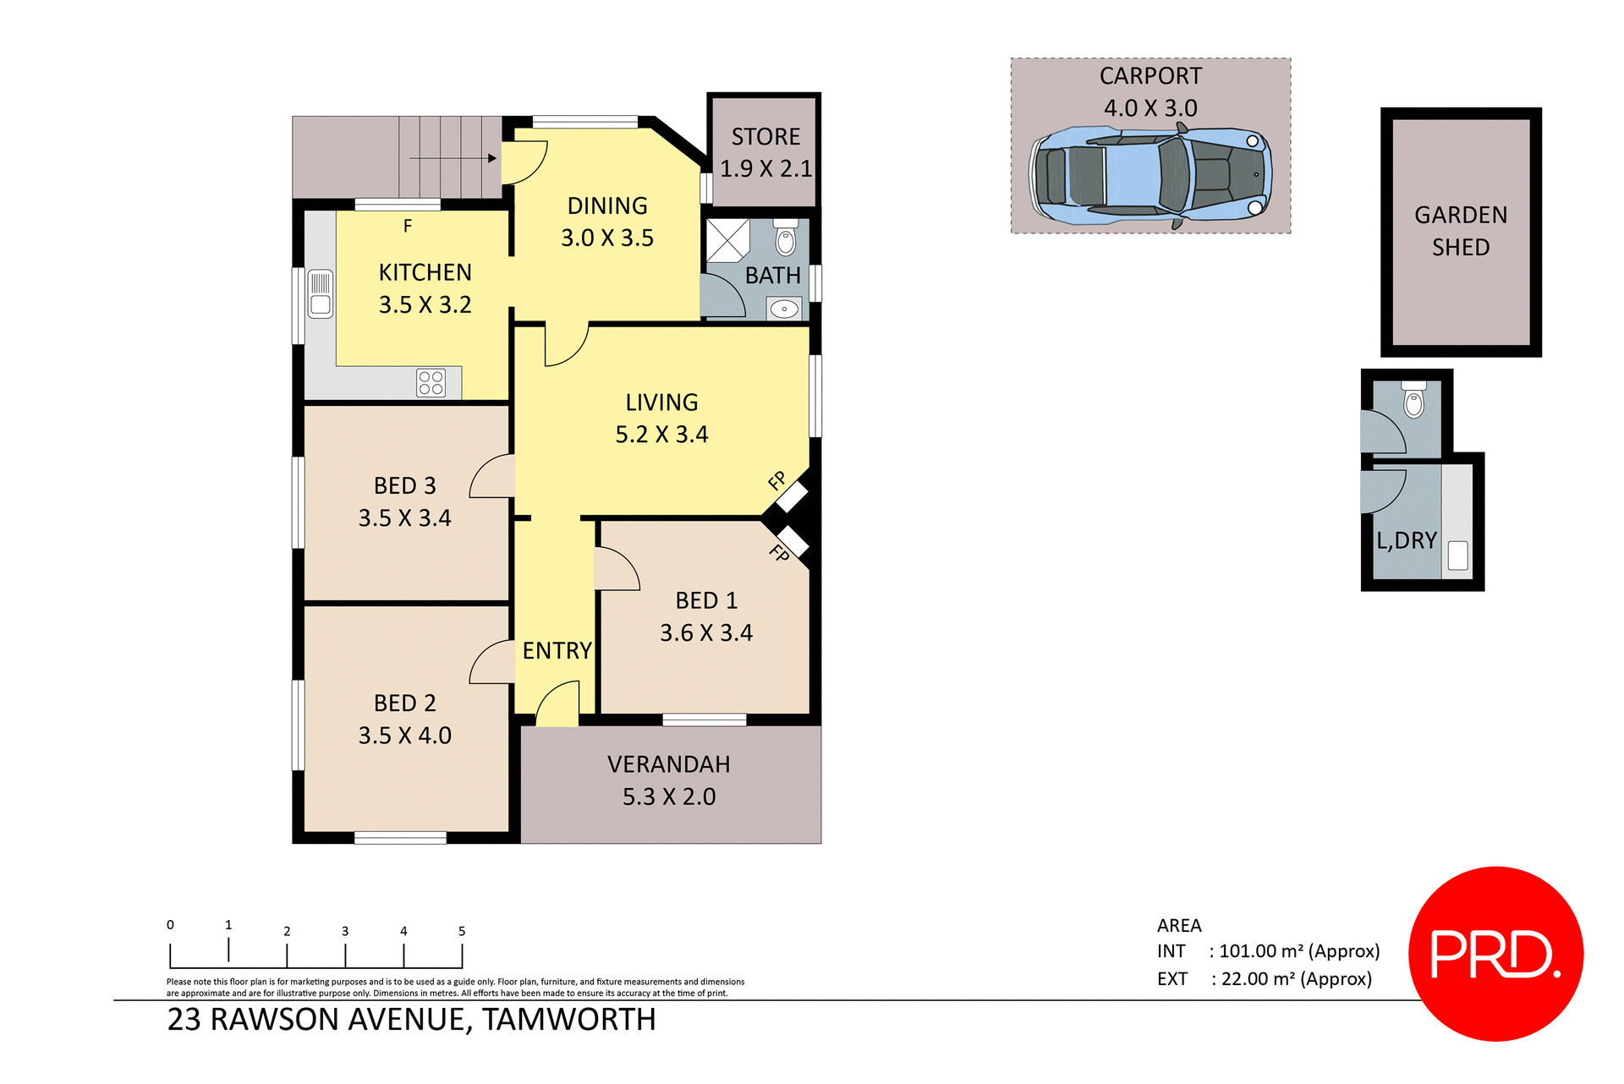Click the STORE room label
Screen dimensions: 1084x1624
pos(765,137)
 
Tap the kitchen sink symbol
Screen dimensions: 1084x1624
pos(321,293)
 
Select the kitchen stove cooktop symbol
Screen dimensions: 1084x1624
pos(431,383)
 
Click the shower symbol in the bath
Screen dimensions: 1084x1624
pos(728,241)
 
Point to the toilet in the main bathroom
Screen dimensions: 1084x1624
pos(786,239)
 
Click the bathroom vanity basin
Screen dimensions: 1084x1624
pos(784,309)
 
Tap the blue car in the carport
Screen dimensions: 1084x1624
pos(1150,177)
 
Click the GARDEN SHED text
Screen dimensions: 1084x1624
pos(1461,231)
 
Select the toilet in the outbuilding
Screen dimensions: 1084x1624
pos(1414,401)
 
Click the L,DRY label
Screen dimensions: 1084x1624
pos(1406,540)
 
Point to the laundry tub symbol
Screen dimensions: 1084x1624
pos(1457,556)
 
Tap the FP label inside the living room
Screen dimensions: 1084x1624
pos(776,481)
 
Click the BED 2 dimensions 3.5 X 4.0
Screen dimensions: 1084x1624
pos(404,736)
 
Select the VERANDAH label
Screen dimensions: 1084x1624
pos(668,764)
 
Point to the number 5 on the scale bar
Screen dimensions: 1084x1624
pos(462,931)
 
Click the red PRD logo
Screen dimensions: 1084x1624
pos(1495,954)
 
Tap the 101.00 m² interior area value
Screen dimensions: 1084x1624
pos(1260,951)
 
